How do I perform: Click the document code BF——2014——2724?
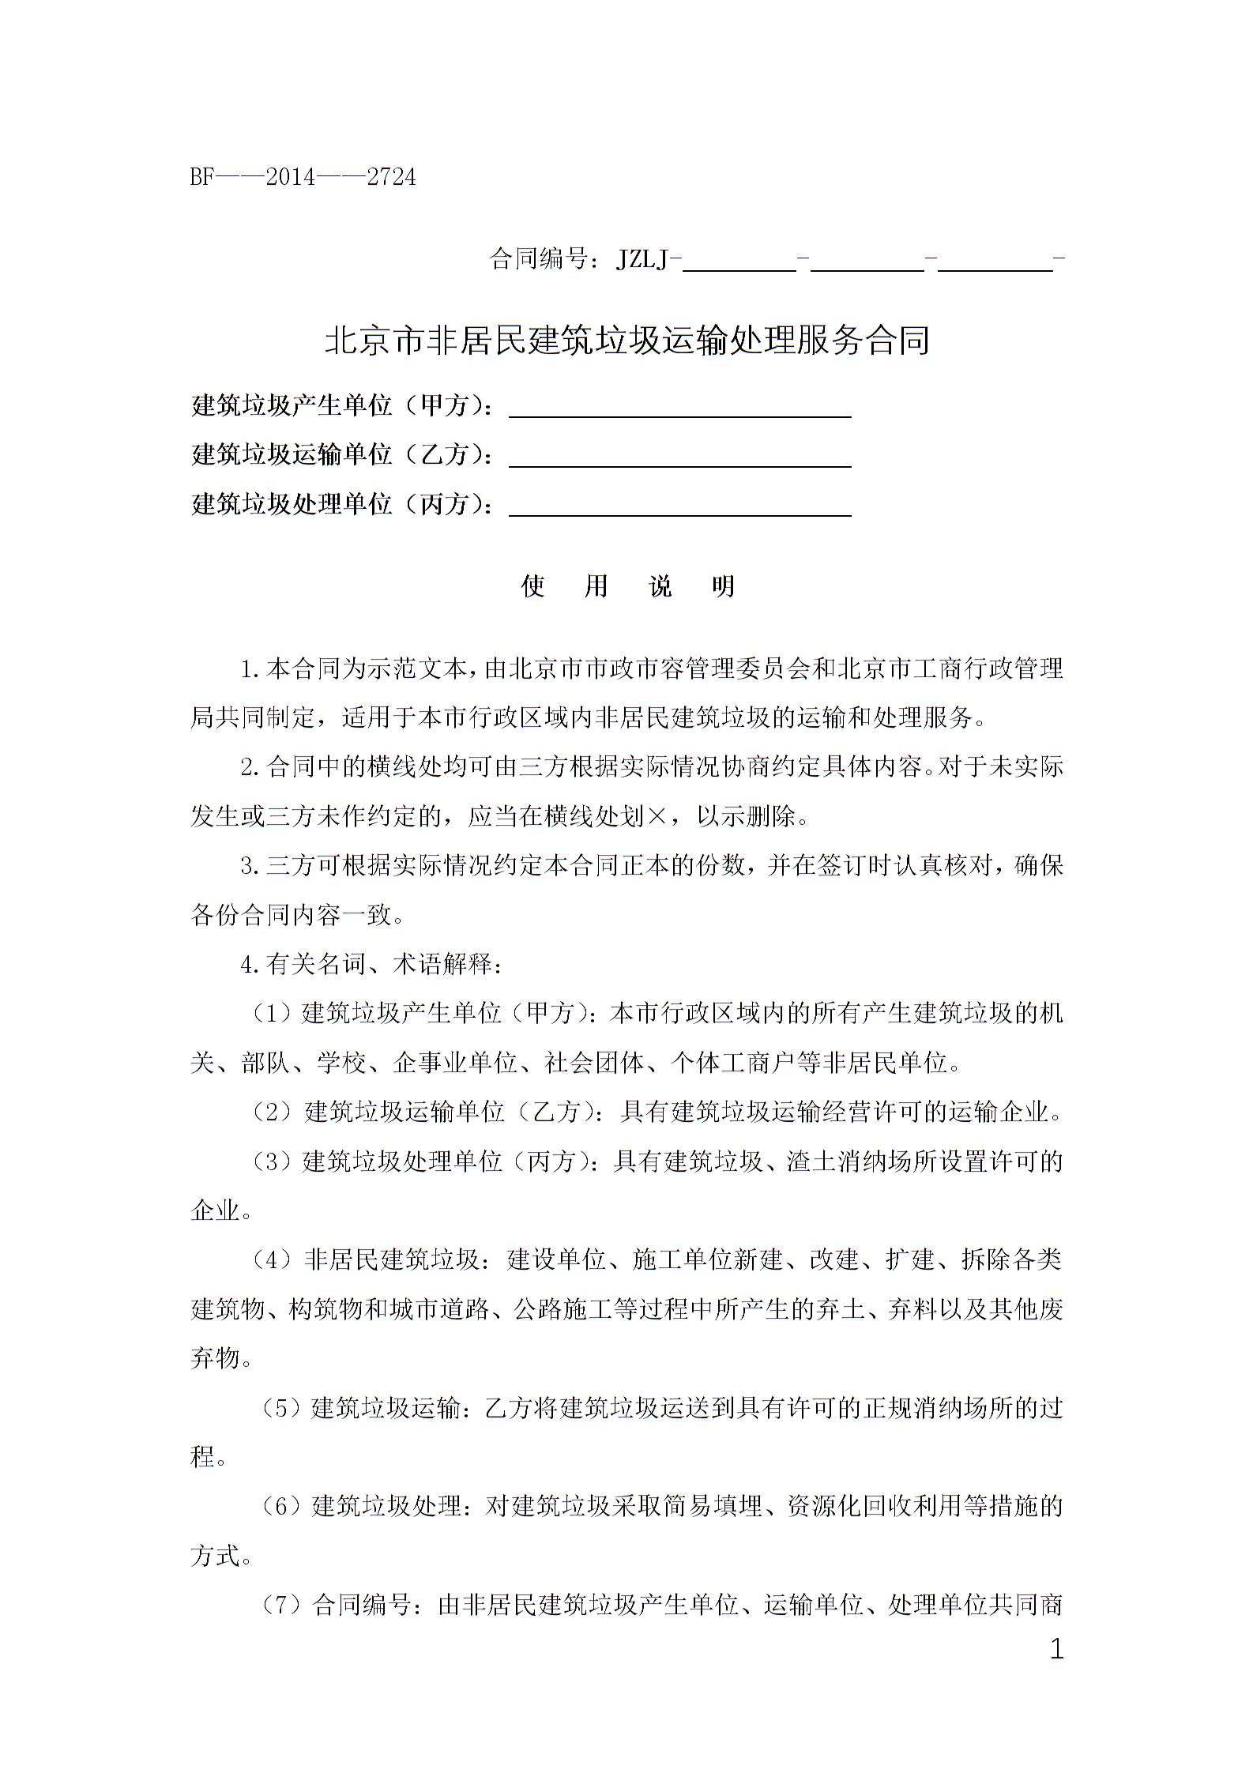point(303,177)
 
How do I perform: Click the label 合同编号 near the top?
point(540,258)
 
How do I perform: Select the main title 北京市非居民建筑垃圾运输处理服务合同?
point(626,341)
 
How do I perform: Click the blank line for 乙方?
point(679,459)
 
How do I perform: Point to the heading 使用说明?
point(628,586)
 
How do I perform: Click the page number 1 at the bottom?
point(1056,1650)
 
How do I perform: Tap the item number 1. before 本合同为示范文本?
point(250,670)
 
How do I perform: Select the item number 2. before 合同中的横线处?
point(250,768)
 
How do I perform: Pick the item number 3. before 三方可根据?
point(250,866)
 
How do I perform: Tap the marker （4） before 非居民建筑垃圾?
point(273,1259)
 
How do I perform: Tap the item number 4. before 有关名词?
point(250,965)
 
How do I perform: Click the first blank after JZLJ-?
point(739,261)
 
